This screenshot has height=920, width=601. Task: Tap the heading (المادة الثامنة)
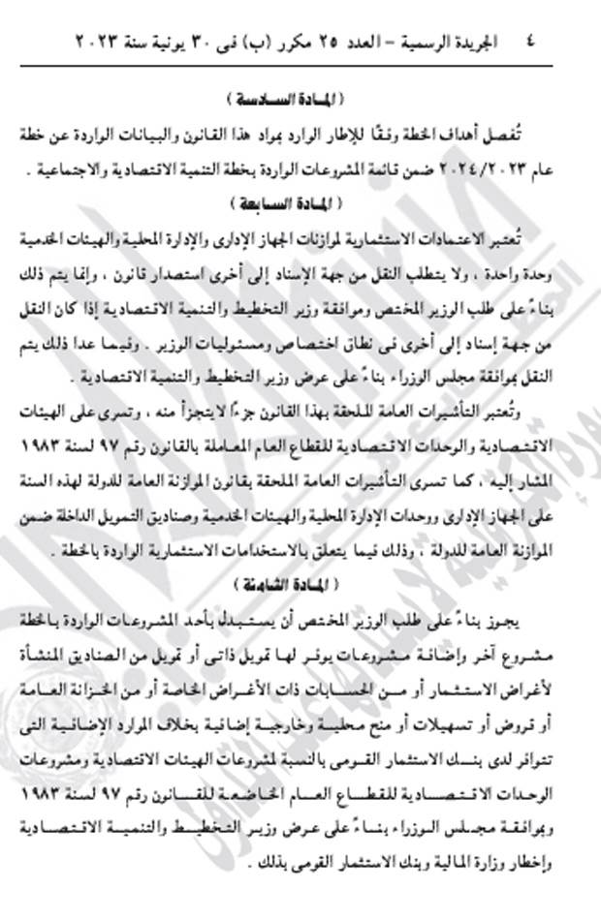(291, 586)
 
